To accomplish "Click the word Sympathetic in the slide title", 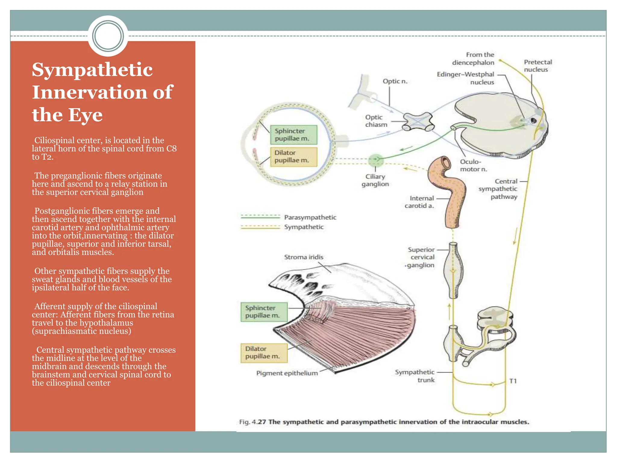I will click(x=92, y=70).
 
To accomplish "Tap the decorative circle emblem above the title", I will click(x=108, y=36).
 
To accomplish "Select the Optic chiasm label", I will click(x=376, y=121).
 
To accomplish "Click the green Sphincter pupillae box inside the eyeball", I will click(x=293, y=135).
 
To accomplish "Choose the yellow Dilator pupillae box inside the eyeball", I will click(x=293, y=157).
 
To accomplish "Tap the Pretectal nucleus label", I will click(x=537, y=66).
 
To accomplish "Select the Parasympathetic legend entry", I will click(x=310, y=217).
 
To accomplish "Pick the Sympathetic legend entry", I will click(x=303, y=227).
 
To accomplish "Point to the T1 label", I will click(x=513, y=381).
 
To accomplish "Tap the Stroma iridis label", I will click(x=303, y=257).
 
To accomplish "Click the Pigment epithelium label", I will click(x=287, y=373).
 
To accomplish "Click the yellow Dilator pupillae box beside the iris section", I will click(x=264, y=353).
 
